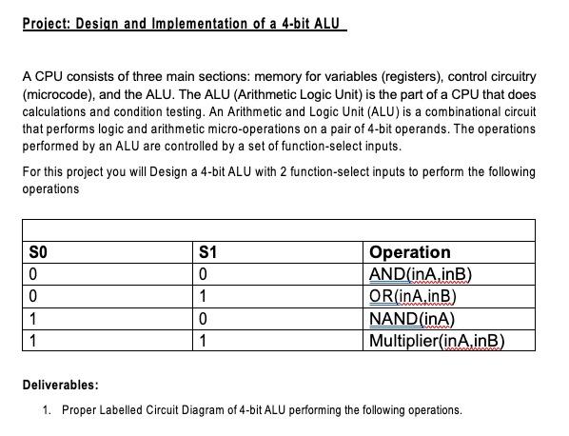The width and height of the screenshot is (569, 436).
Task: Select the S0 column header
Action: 37,253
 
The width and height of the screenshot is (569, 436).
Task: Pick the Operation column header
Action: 409,252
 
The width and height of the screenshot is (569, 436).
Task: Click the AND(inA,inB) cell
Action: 420,275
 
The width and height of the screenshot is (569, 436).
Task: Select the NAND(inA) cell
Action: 411,319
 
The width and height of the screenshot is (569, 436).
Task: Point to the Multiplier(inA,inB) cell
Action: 436,341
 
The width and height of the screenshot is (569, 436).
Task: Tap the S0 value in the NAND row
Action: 33,319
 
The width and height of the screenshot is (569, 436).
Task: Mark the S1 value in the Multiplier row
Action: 204,341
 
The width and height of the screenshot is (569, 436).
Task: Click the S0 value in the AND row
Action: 33,275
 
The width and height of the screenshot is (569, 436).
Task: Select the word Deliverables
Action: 60,386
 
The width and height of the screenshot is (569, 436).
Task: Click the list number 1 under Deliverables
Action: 47,410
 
